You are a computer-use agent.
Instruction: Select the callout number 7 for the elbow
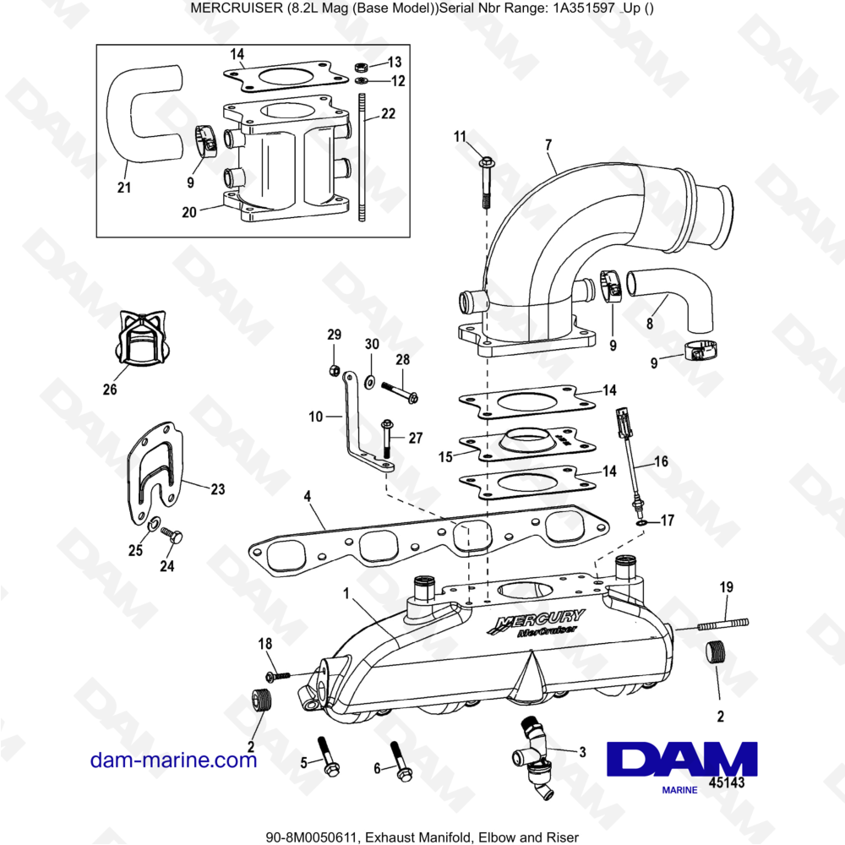pos(548,144)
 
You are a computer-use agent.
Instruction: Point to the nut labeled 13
pos(358,65)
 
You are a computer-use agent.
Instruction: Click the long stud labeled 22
pos(361,161)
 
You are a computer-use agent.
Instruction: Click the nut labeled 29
pos(335,370)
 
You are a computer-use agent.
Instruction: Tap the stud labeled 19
pos(722,624)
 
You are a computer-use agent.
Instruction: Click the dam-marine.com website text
pos(173,760)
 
